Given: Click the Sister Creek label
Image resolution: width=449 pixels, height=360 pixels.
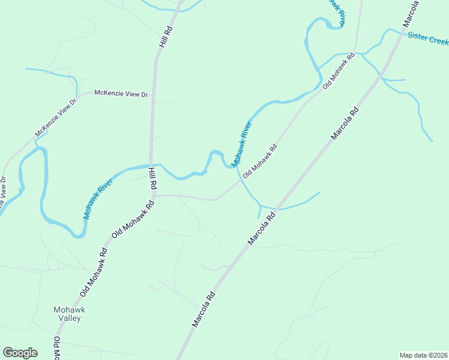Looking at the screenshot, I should (428, 38).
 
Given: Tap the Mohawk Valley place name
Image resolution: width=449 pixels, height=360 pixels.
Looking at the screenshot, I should (70, 314).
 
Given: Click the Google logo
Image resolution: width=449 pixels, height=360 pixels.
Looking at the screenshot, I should (20, 353).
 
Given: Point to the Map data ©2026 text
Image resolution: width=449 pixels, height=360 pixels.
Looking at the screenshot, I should (423, 355).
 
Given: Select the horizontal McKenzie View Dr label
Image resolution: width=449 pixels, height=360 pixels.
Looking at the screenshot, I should (121, 94).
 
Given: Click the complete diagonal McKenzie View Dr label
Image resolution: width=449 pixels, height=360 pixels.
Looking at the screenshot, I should (56, 117).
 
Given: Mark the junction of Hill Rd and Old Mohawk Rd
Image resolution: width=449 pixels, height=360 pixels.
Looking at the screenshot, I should (154, 195).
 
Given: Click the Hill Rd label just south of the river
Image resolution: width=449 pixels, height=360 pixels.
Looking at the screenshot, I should (152, 179).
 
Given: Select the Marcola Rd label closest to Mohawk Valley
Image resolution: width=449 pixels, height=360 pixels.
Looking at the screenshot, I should (203, 309).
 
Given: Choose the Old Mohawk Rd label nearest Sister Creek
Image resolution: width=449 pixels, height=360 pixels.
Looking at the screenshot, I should (339, 71).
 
